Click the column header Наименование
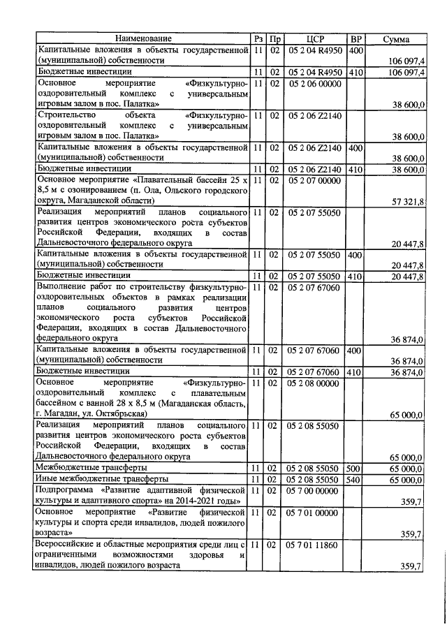[143, 38]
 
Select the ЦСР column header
[316, 38]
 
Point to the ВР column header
[356, 38]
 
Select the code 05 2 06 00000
[316, 82]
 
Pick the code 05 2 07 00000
[316, 180]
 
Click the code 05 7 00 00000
[316, 491]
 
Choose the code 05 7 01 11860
[316, 545]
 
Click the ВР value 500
[355, 467]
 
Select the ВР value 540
[355, 479]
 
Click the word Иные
[48, 479]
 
